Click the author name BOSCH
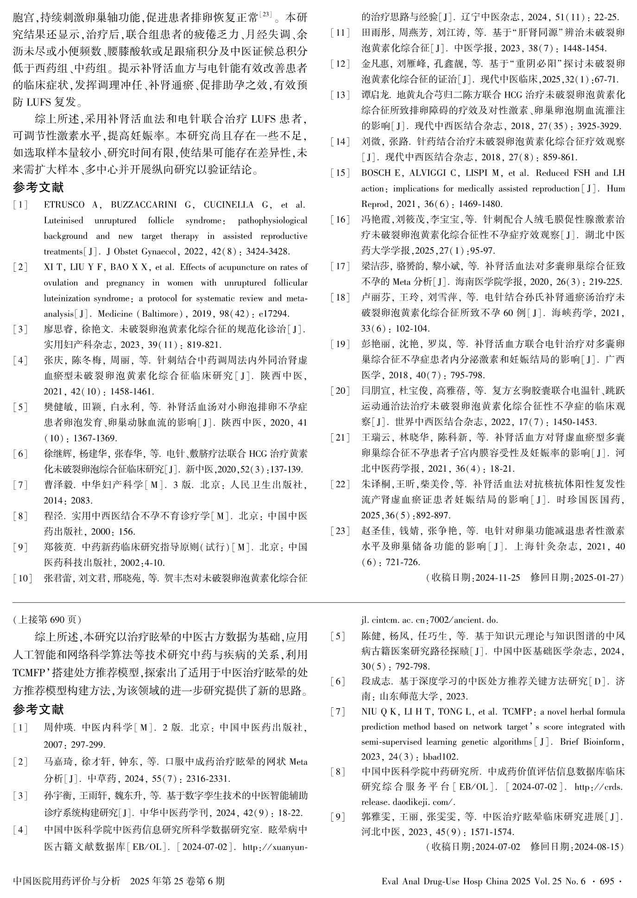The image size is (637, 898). click(374, 173)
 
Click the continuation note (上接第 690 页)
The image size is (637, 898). click(47, 619)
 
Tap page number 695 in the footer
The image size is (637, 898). click(606, 881)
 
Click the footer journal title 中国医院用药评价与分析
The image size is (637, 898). click(67, 881)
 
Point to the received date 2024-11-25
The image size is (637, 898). click(498, 578)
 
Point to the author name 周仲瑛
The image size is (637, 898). click(59, 727)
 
